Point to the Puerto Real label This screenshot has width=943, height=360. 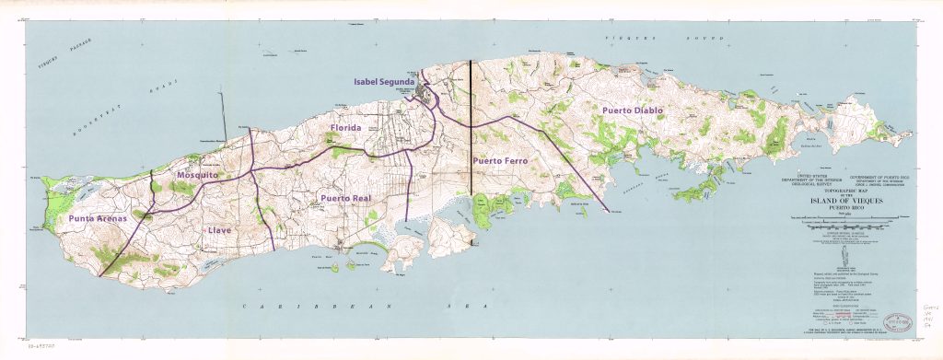(x=344, y=198)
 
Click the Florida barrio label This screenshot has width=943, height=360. (x=345, y=128)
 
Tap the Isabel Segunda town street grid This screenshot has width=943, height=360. (x=425, y=93)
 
